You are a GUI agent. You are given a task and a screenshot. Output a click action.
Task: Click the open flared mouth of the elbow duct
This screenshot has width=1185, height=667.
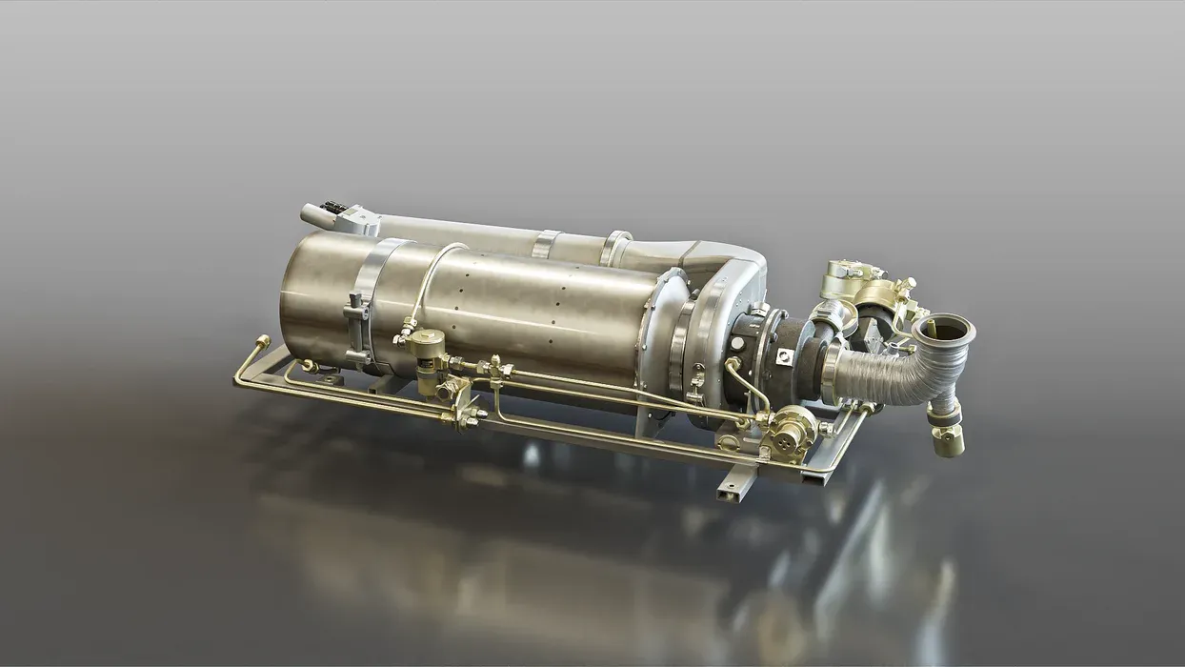click(x=943, y=330)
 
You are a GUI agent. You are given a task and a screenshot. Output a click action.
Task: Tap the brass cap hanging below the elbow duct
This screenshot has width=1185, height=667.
click(x=949, y=439)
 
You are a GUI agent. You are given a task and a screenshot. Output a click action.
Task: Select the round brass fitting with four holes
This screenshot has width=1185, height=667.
click(x=788, y=433)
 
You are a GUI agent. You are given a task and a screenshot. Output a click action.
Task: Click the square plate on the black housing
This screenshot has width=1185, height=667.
click(x=783, y=355)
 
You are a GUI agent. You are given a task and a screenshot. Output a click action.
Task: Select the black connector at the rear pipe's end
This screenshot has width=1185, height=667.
click(x=332, y=208)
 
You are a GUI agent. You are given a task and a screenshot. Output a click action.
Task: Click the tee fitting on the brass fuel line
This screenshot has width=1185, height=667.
click(x=494, y=368)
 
